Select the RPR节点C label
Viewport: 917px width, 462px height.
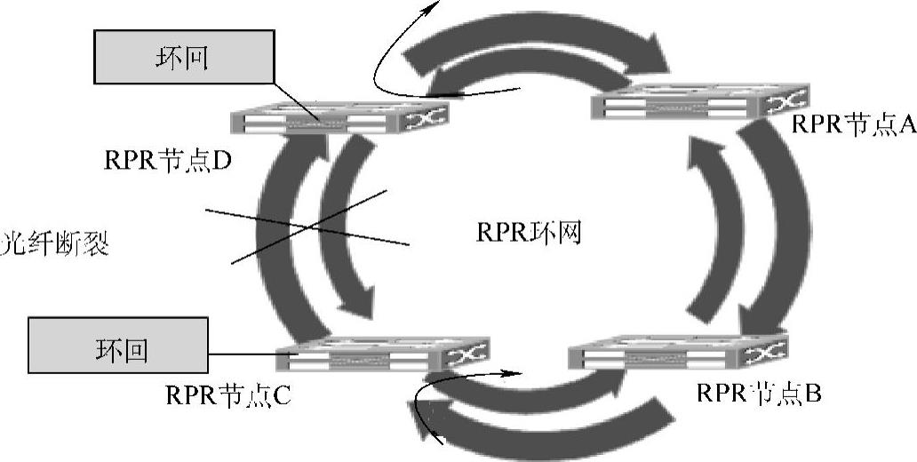point(227,394)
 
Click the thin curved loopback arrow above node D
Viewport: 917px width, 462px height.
point(391,53)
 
